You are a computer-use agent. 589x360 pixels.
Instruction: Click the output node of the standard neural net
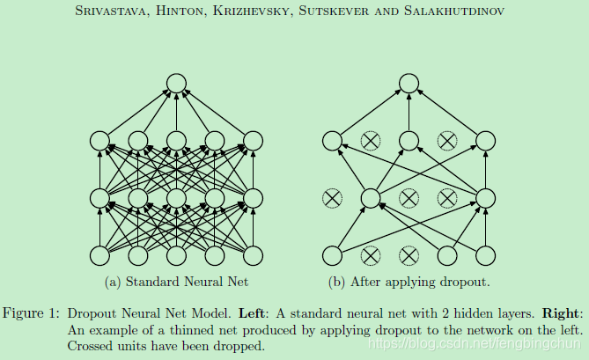pyautogui.click(x=176, y=84)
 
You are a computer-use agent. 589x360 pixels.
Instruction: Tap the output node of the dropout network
pyautogui.click(x=409, y=84)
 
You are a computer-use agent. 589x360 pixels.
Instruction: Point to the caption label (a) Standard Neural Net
pyautogui.click(x=176, y=283)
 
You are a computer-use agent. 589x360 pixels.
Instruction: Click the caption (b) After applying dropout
pyautogui.click(x=409, y=283)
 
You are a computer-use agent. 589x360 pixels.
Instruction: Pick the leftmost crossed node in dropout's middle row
pyautogui.click(x=332, y=199)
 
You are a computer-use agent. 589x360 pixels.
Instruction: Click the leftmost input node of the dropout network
pyautogui.click(x=332, y=256)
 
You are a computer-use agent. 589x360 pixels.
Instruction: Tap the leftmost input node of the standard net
pyautogui.click(x=99, y=256)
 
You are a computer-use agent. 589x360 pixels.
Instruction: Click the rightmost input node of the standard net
pyautogui.click(x=254, y=256)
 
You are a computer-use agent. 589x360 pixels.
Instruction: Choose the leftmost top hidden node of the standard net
pyautogui.click(x=99, y=140)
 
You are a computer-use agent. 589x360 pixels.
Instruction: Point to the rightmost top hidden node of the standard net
pyautogui.click(x=254, y=140)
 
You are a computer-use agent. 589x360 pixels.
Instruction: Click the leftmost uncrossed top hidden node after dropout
pyautogui.click(x=332, y=140)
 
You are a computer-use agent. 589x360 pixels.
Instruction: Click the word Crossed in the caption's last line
pyautogui.click(x=91, y=346)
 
